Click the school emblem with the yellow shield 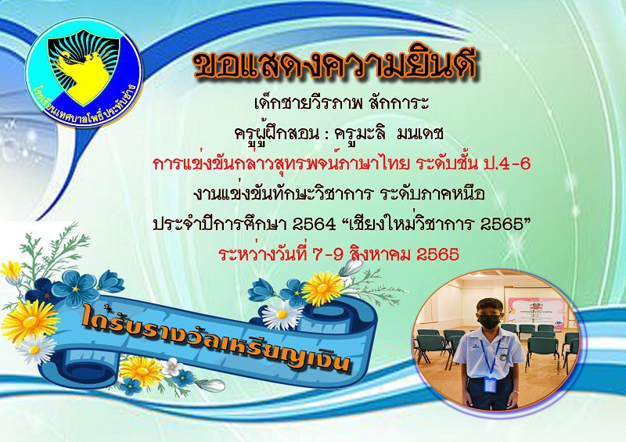pos(84,72)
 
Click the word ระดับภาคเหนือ pos(432,194)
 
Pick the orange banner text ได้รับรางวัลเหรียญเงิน pos(217,338)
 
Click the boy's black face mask pos(489,321)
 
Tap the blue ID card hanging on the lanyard pos(490,385)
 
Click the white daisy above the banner pos(282,314)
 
